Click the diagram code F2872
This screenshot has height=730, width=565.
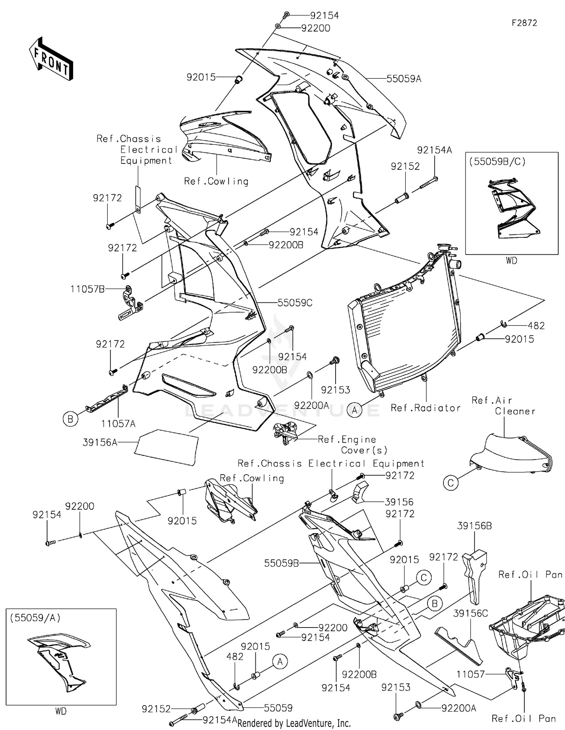point(524,23)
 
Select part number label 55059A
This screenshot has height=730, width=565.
point(403,79)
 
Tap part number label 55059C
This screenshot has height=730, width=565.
point(295,303)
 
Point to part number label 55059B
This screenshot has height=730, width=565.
point(281,563)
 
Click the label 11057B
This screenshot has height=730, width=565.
point(87,289)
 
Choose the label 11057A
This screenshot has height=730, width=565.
point(118,424)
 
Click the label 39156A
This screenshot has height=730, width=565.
point(100,443)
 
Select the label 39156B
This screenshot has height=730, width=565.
point(474,526)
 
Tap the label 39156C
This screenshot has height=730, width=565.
point(470,614)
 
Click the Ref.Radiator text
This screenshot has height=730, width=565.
point(426,408)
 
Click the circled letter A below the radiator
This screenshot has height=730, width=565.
point(354,409)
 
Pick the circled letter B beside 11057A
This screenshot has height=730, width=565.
point(70,419)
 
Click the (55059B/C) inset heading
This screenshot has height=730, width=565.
point(497,162)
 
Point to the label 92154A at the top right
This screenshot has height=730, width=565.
point(434,150)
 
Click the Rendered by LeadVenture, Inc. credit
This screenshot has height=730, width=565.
point(294,723)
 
